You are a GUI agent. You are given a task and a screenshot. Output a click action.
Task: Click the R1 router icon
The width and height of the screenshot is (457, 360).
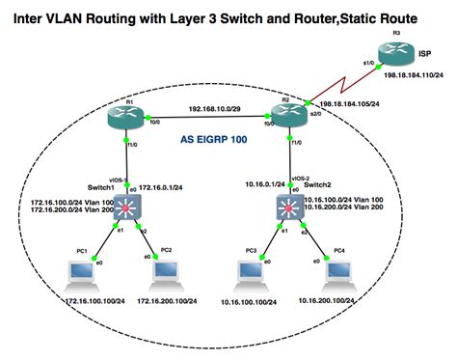tap(127, 119)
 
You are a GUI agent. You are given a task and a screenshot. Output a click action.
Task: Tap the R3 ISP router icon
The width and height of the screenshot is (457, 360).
tap(395, 54)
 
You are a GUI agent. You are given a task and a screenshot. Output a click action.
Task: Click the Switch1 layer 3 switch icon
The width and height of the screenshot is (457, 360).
tap(127, 206)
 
